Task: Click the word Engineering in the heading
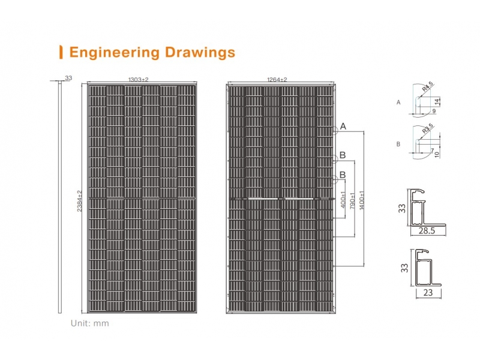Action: point(115,52)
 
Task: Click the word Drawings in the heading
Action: point(200,52)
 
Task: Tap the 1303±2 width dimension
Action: point(138,80)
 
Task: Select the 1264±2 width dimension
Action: point(277,80)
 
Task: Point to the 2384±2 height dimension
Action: point(80,201)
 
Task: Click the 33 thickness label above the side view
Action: point(68,78)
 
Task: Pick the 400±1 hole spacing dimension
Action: point(343,200)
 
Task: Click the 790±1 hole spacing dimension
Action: point(352,201)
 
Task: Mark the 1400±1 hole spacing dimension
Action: point(362,200)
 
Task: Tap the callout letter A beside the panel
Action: point(343,126)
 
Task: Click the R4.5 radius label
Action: point(428,86)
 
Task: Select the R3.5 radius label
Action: point(428,128)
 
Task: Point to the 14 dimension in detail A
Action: point(437,101)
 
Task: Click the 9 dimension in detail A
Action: point(434,111)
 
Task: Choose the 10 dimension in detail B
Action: point(437,155)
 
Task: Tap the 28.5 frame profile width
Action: point(427,231)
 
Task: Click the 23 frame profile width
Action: point(428,293)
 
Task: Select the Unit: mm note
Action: point(89,323)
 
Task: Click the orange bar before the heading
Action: point(61,52)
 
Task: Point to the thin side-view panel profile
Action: point(59,197)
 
